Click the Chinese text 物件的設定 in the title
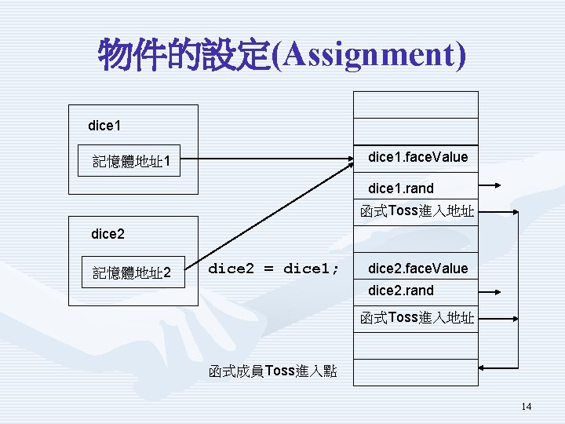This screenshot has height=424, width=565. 184,55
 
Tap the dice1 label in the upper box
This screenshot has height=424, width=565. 104,126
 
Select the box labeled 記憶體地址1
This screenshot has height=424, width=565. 133,163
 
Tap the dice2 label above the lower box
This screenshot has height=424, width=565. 108,233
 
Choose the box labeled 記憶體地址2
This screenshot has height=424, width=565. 133,273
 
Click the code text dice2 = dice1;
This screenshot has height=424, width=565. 274,269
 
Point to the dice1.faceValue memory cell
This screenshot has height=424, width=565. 417,158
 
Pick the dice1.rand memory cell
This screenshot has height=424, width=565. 415,188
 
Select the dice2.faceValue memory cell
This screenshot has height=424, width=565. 417,269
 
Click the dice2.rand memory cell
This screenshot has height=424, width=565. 415,291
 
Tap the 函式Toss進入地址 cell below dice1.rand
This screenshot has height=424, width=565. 417,211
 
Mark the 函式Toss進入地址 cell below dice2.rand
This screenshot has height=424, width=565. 417,318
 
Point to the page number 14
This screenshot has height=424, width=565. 526,406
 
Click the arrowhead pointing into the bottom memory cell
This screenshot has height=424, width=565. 485,367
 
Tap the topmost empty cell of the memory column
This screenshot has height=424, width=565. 416,104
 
